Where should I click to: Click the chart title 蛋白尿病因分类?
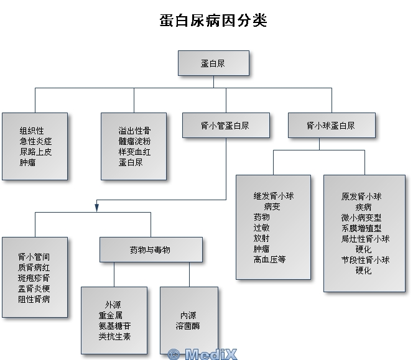(x=213, y=21)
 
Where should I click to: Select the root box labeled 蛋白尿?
(x=213, y=63)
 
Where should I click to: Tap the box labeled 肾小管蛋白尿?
(x=225, y=125)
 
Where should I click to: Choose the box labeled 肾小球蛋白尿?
(x=331, y=125)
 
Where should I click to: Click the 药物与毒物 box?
(x=150, y=250)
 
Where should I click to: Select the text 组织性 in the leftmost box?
(x=32, y=131)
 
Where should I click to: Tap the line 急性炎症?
(x=35, y=141)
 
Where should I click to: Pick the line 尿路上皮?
(x=35, y=152)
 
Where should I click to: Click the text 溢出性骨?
(x=134, y=131)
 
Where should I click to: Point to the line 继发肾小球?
(x=273, y=196)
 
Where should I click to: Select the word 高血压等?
(x=269, y=259)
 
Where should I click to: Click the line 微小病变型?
(x=361, y=218)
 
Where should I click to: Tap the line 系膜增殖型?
(x=361, y=228)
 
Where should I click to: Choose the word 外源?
(x=113, y=305)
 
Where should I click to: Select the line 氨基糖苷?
(x=114, y=326)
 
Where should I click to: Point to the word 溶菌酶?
(x=188, y=326)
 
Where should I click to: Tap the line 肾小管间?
(x=34, y=256)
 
